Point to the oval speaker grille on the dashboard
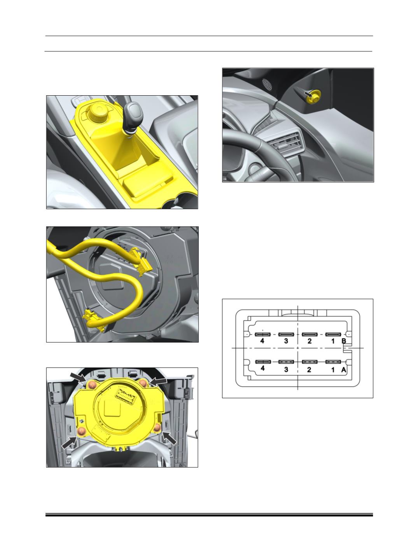(x=267, y=85)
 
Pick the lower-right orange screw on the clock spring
(x=157, y=428)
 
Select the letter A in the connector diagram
(x=343, y=370)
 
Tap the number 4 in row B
(x=262, y=341)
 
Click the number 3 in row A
(x=286, y=369)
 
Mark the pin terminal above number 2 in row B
(x=310, y=334)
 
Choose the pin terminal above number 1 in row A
(x=333, y=362)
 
